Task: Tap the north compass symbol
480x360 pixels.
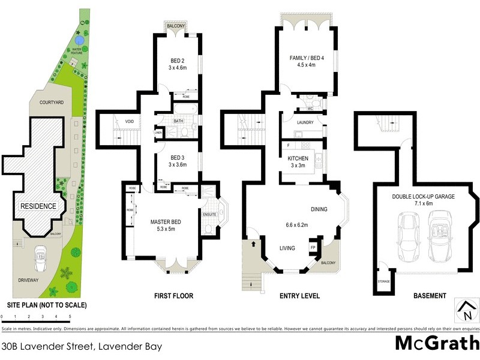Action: (x=465, y=311)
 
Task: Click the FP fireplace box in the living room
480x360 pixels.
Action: (x=313, y=247)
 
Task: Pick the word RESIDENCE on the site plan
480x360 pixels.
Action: (x=38, y=206)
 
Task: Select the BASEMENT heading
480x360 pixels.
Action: (x=429, y=296)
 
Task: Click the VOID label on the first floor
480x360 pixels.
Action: (x=130, y=121)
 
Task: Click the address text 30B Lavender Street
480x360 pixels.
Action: (x=82, y=346)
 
